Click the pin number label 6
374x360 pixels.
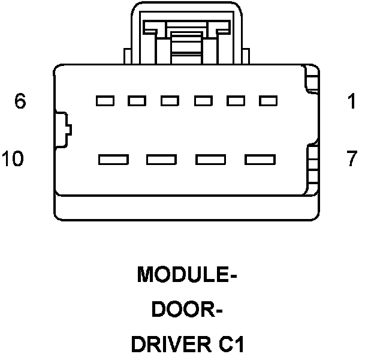[x=20, y=101]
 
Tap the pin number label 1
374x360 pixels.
[x=352, y=101]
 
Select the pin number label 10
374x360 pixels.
[x=13, y=159]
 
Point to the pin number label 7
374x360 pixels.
[x=352, y=159]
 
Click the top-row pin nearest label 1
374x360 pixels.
[x=267, y=101]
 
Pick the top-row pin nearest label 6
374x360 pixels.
[x=105, y=101]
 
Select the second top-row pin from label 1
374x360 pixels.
[x=235, y=101]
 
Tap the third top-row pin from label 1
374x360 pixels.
[x=203, y=101]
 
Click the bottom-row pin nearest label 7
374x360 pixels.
[x=260, y=160]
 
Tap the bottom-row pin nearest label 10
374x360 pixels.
[x=113, y=160]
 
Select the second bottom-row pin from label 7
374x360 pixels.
[x=210, y=160]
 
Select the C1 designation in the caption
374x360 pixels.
[x=231, y=346]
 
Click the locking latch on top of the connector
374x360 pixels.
[x=185, y=36]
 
